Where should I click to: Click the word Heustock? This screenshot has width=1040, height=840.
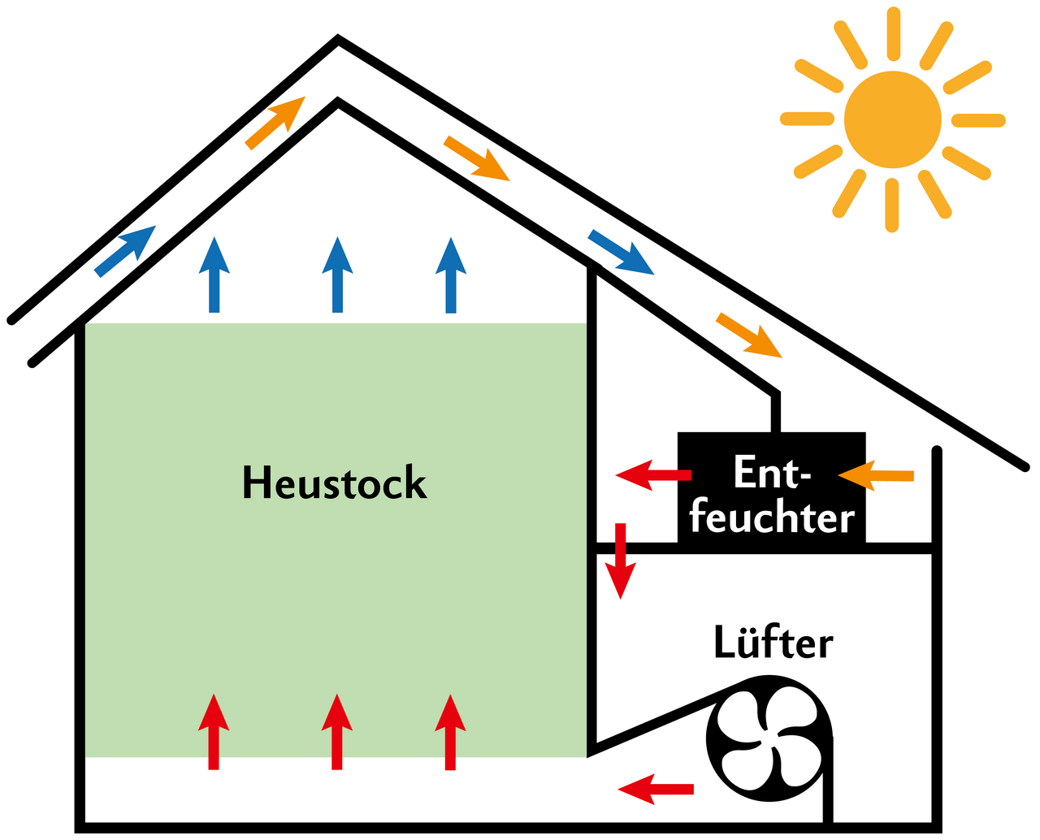tap(334, 483)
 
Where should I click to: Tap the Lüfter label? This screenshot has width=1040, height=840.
tap(773, 643)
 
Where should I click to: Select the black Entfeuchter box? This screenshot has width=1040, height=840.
tap(771, 488)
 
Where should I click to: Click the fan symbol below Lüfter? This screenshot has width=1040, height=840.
tap(769, 739)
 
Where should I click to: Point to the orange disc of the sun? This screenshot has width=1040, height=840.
tap(892, 119)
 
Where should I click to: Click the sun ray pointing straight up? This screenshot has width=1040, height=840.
tap(893, 33)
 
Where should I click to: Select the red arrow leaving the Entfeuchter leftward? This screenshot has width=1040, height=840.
tap(653, 474)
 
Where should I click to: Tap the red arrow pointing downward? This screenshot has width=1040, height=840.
tap(621, 561)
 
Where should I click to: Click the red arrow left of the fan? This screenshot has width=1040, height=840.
tap(656, 789)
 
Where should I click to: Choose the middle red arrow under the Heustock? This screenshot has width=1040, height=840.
tap(336, 732)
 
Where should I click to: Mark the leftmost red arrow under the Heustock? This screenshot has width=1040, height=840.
tap(214, 732)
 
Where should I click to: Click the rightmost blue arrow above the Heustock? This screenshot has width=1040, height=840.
tap(451, 275)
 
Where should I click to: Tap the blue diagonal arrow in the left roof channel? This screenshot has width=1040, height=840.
tap(125, 251)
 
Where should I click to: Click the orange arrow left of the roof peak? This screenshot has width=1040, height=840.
tap(275, 123)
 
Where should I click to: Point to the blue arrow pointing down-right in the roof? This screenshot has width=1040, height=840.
tap(622, 253)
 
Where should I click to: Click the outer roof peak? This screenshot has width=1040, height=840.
tap(338, 39)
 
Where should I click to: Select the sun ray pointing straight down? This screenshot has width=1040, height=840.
tap(892, 205)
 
